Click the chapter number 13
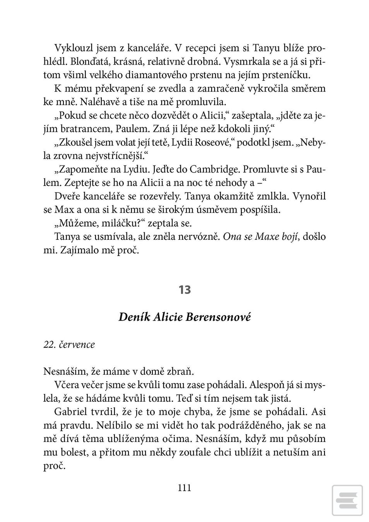pyautogui.click(x=184, y=290)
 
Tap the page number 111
pyautogui.click(x=184, y=488)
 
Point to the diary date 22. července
pyautogui.click(x=69, y=344)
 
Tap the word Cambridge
pyautogui.click(x=213, y=169)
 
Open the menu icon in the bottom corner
pyautogui.click(x=347, y=500)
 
